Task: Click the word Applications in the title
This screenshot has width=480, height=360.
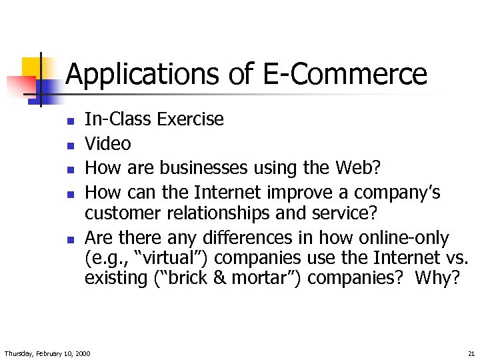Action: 143,75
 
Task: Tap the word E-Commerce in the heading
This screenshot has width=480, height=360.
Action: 345,73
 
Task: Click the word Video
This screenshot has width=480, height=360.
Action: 108,143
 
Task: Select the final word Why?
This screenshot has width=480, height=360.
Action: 437,278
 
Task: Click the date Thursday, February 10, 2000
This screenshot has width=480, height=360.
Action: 47,352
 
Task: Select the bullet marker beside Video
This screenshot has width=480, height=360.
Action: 69,145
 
